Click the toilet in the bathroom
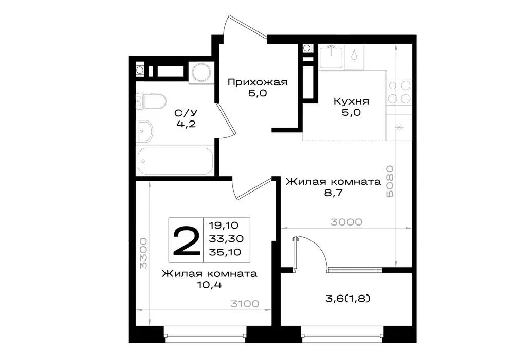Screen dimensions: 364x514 pos(150,100)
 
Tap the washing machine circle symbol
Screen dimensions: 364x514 pos(201,73)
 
